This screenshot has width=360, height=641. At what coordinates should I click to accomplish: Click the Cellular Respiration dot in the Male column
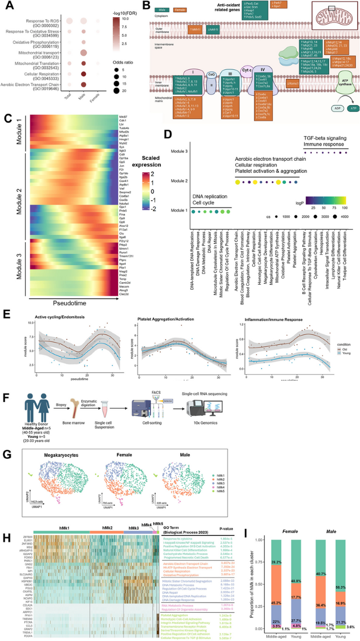click(x=83, y=74)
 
